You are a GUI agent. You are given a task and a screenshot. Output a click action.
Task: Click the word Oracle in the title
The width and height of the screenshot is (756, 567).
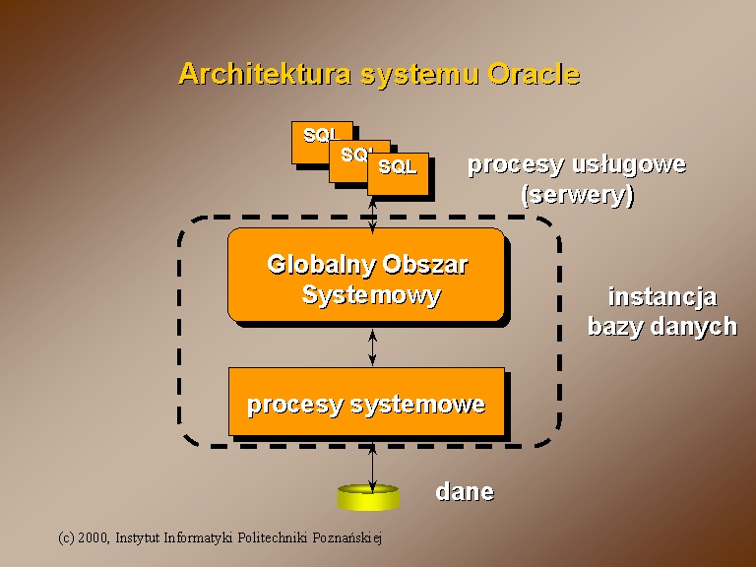click(534, 74)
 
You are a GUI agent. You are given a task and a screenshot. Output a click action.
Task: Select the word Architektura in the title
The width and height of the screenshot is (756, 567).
click(265, 74)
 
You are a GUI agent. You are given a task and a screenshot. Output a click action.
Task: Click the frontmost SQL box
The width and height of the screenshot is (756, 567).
click(398, 174)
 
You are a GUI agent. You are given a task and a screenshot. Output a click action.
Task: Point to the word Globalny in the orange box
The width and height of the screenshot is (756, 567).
click(323, 265)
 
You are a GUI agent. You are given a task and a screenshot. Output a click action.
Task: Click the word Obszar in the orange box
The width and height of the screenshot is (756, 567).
click(425, 265)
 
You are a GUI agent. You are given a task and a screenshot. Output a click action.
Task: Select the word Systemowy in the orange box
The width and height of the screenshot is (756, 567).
click(371, 295)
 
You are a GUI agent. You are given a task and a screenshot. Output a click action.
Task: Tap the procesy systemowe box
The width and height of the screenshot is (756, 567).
click(366, 402)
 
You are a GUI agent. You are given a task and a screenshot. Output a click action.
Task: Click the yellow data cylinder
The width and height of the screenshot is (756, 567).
click(368, 497)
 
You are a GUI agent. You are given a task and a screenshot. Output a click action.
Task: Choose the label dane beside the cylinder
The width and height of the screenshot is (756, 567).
click(465, 492)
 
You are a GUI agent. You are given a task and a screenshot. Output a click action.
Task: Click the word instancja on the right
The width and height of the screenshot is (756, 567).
click(662, 297)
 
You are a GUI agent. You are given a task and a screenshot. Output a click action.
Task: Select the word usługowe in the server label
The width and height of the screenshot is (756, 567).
click(629, 165)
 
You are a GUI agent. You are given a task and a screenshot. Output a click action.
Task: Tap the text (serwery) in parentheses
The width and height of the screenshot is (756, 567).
click(577, 195)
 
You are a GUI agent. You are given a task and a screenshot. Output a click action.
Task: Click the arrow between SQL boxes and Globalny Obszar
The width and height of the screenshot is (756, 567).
click(372, 215)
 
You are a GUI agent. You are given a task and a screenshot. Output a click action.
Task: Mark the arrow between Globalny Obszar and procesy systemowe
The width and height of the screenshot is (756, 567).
click(372, 347)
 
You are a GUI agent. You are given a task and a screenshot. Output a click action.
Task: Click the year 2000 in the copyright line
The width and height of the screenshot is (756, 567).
click(93, 537)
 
